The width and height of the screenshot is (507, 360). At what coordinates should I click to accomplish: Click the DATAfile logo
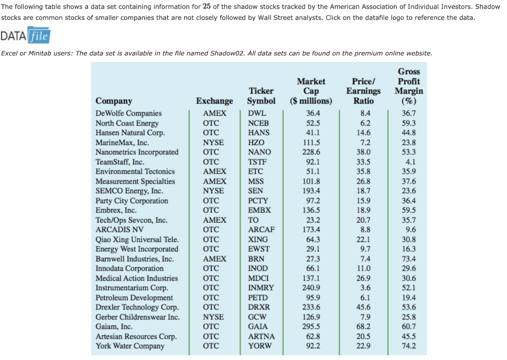(26, 37)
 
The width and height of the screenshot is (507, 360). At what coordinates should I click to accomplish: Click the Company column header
(114, 101)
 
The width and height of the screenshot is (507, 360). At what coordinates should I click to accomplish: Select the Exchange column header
(214, 101)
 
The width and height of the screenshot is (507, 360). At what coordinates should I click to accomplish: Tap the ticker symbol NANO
(259, 152)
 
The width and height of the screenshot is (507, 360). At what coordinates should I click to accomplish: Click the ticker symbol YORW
(260, 346)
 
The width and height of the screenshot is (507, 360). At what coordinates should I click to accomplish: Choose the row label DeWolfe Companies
(129, 113)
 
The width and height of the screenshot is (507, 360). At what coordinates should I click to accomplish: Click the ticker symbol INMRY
(261, 288)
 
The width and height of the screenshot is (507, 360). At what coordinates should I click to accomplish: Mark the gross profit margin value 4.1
(410, 162)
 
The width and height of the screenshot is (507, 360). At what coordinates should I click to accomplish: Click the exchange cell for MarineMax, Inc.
(213, 143)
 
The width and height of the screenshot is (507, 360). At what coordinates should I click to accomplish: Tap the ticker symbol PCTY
(258, 201)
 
